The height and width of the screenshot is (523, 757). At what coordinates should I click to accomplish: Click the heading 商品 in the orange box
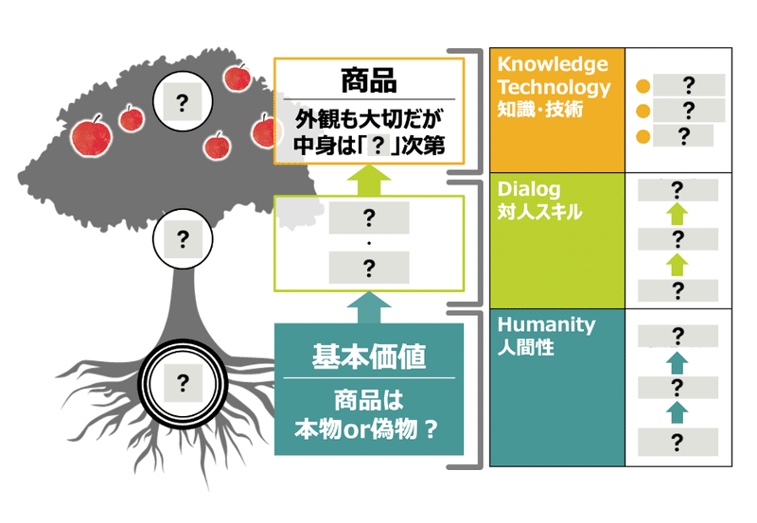pyautogui.click(x=369, y=80)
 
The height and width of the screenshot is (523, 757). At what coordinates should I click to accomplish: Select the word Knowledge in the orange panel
pyautogui.click(x=553, y=64)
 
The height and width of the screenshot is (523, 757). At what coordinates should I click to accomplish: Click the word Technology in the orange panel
pyautogui.click(x=555, y=87)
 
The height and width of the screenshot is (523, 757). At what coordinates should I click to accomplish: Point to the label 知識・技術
pyautogui.click(x=540, y=110)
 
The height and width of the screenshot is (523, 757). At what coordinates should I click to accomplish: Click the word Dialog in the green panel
pyautogui.click(x=529, y=189)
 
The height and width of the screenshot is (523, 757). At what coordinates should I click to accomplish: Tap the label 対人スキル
pyautogui.click(x=539, y=211)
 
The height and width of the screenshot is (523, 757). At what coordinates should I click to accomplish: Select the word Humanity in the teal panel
pyautogui.click(x=547, y=324)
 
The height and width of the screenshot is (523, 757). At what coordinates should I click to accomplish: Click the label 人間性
pyautogui.click(x=526, y=347)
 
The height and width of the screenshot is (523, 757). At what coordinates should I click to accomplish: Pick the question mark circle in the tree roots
pyautogui.click(x=183, y=384)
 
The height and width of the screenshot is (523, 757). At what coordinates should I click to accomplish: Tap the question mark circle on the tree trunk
pyautogui.click(x=183, y=239)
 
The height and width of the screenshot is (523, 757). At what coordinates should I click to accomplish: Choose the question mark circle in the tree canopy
pyautogui.click(x=183, y=102)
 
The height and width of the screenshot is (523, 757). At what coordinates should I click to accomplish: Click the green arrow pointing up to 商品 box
pyautogui.click(x=369, y=180)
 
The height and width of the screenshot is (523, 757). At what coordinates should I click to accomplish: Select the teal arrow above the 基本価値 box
pyautogui.click(x=369, y=307)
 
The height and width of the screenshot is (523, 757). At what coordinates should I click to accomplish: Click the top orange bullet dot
pyautogui.click(x=643, y=86)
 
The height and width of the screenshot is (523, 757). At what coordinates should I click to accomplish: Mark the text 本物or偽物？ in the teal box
pyautogui.click(x=366, y=429)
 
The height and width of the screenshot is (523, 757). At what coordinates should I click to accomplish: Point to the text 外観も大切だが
pyautogui.click(x=369, y=119)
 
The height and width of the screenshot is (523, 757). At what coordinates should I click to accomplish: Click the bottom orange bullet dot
pyautogui.click(x=643, y=136)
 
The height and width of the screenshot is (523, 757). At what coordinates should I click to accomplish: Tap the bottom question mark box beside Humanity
pyautogui.click(x=678, y=442)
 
